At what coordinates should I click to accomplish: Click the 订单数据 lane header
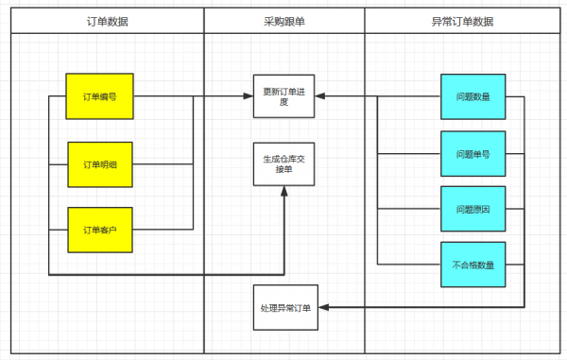[x=106, y=21]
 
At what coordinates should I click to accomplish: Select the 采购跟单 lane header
[x=283, y=21]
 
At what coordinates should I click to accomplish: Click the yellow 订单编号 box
[x=99, y=96]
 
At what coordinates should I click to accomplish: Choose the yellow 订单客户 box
[x=99, y=230]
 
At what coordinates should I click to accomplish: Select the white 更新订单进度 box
[x=283, y=96]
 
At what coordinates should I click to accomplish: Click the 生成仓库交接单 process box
[x=283, y=164]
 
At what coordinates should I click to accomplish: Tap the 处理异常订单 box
[x=283, y=307]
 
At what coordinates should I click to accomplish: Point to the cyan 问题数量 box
[x=472, y=96]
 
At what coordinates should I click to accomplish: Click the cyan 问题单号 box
[x=472, y=153]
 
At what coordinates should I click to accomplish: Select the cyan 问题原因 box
[x=472, y=208]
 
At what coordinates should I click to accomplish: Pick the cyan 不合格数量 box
[x=472, y=264]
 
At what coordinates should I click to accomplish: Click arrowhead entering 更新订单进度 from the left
[x=248, y=96]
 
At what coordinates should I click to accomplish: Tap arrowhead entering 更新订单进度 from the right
[x=319, y=96]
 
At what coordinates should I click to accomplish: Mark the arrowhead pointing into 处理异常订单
[x=319, y=307]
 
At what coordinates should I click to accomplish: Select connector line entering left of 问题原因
[x=408, y=208]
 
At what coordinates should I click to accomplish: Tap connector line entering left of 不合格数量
[x=408, y=264]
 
